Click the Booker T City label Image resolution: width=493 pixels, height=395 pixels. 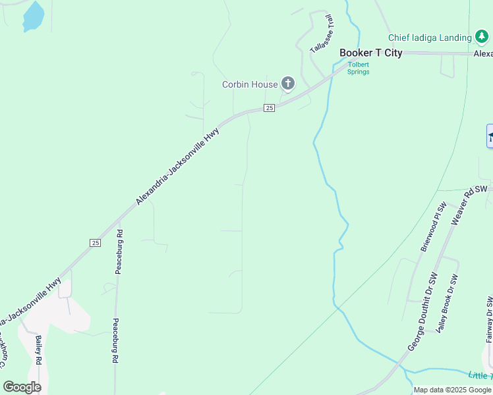coord(370,53)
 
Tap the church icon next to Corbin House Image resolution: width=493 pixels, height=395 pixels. coord(287,84)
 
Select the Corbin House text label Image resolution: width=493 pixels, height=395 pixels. coord(250,84)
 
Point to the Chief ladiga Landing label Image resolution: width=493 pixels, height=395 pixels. coord(430,38)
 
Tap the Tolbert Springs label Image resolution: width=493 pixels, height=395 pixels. coord(359,68)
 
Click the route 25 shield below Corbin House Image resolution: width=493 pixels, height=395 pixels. coord(269,108)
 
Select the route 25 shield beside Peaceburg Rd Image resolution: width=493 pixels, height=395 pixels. coord(96,243)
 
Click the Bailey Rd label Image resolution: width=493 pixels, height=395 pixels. coord(39,350)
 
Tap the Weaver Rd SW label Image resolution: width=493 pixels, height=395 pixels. coord(463,207)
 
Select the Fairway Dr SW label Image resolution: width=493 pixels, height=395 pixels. coord(489,320)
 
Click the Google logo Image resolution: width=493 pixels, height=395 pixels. coord(22,387)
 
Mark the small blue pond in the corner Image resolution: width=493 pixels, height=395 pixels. coord(33,16)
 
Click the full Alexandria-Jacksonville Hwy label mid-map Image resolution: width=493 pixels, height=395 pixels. coord(177,166)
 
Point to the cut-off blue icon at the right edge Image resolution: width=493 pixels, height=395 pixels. coord(490,136)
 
